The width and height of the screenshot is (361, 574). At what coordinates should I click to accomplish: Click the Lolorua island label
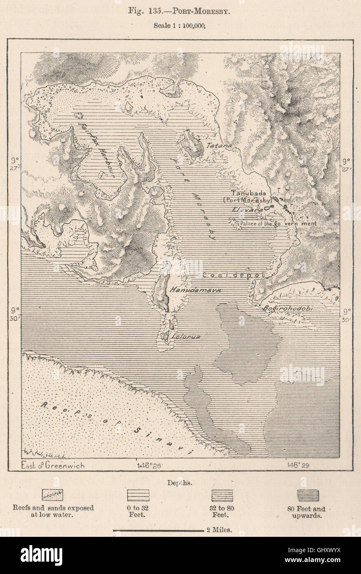186,337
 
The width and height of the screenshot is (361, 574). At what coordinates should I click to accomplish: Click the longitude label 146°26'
149,465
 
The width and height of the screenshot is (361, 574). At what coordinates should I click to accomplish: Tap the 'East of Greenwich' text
52,465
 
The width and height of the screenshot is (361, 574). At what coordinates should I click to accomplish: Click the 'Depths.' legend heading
180,482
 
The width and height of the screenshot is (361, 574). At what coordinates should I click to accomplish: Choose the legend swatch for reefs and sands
53,495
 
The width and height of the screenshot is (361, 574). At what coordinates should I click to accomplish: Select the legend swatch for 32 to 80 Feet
222,495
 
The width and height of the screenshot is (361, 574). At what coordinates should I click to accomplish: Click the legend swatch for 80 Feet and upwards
308,495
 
